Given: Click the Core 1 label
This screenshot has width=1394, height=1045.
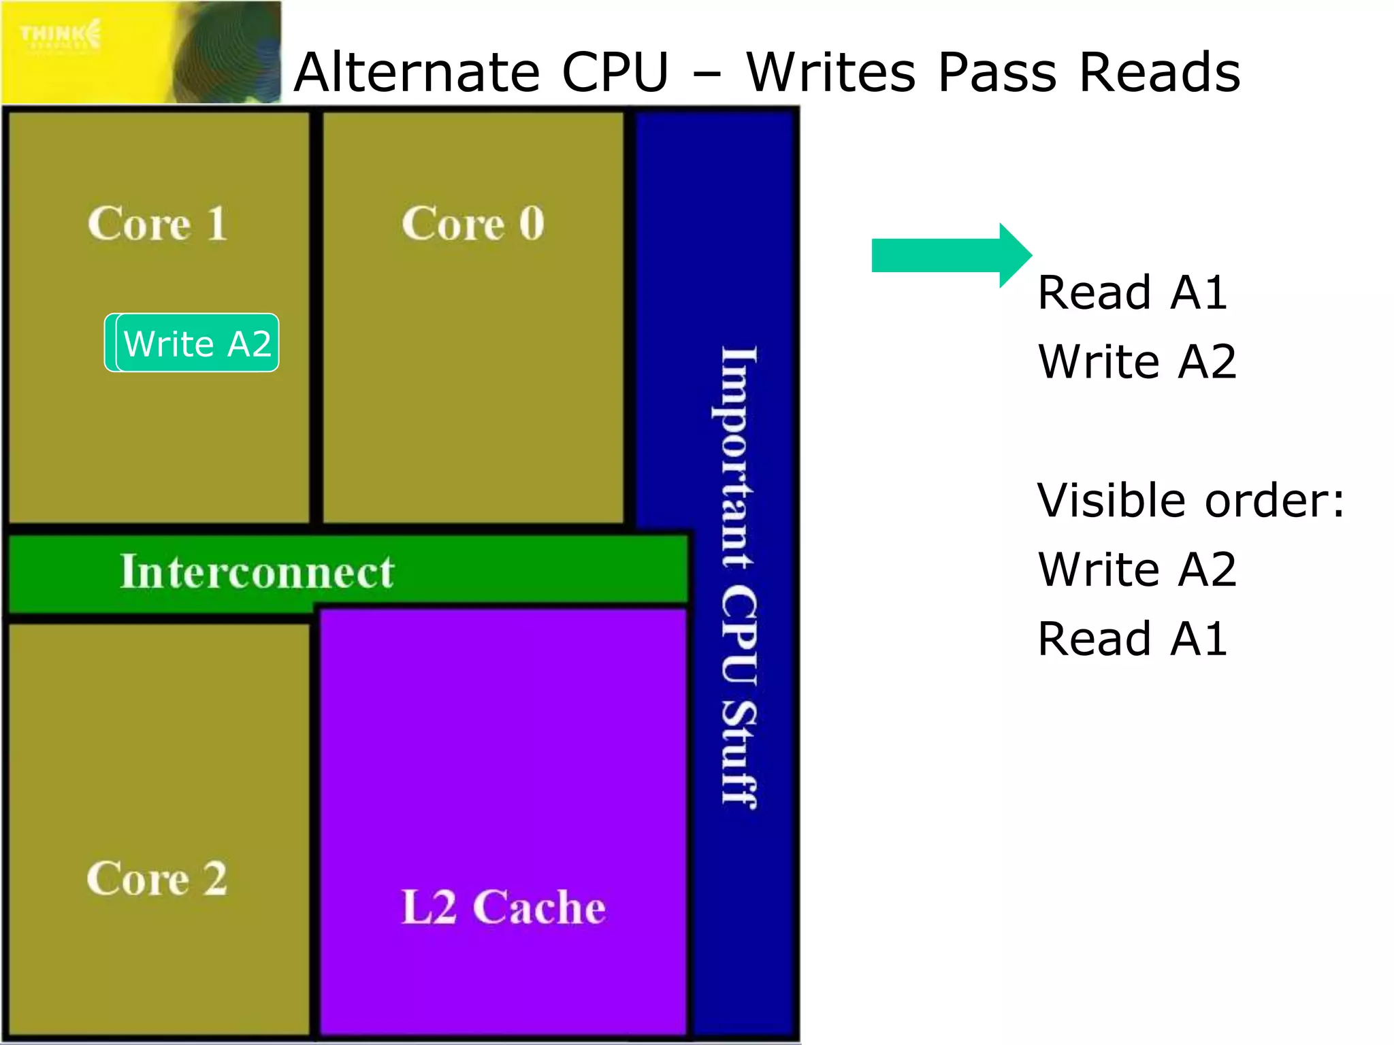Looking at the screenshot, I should (157, 224).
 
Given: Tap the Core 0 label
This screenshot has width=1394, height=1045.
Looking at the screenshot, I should (473, 224).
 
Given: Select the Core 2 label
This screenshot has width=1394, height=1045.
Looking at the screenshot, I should (157, 878).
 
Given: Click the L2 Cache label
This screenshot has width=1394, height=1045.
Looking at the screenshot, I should (503, 908).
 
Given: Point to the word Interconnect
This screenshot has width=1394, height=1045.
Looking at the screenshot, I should (257, 571).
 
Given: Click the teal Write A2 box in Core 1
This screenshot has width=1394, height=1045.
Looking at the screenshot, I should (197, 343).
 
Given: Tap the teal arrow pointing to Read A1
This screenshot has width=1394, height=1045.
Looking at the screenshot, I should (950, 256).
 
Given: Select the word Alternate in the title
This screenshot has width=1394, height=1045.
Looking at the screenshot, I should (417, 72).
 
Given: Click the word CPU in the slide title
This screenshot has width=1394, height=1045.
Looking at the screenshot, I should (615, 72).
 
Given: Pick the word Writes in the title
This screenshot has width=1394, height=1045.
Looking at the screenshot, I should (830, 72).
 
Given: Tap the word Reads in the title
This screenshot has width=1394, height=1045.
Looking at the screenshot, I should (1160, 72).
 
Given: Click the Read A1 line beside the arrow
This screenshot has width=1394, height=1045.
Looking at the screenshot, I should (1132, 293).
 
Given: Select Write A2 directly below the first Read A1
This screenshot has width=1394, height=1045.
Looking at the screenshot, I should (1137, 362).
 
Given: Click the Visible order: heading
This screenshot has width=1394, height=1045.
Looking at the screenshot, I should (1190, 501).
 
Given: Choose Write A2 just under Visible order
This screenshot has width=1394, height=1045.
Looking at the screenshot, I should (1137, 569).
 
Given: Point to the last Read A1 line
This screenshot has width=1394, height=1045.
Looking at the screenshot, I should (1132, 639).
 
